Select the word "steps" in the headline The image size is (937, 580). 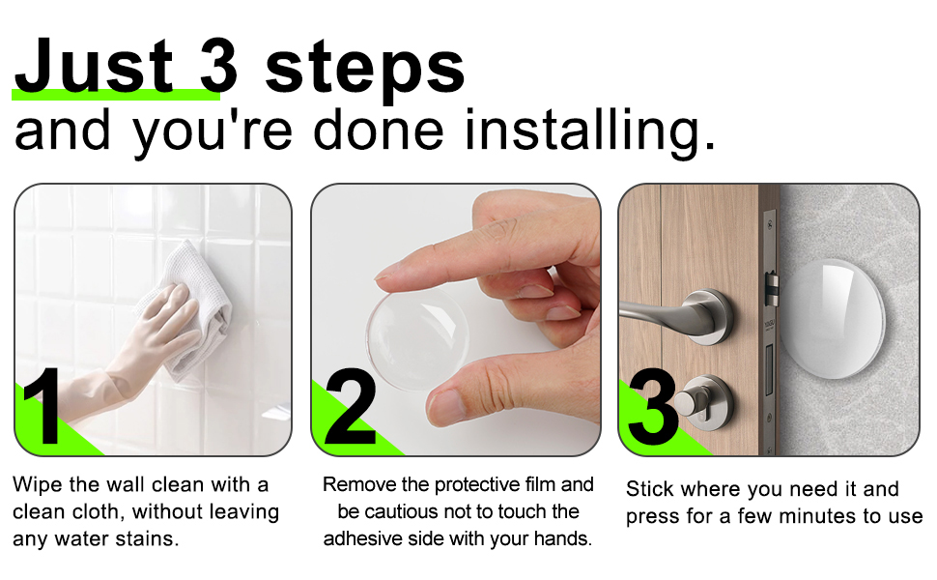click(365, 70)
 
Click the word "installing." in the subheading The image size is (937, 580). click(589, 130)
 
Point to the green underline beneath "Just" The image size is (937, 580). click(116, 95)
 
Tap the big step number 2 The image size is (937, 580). click(350, 410)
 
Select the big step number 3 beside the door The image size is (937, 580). click(653, 410)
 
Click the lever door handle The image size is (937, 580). click(676, 314)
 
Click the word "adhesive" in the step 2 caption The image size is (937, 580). click(363, 538)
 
